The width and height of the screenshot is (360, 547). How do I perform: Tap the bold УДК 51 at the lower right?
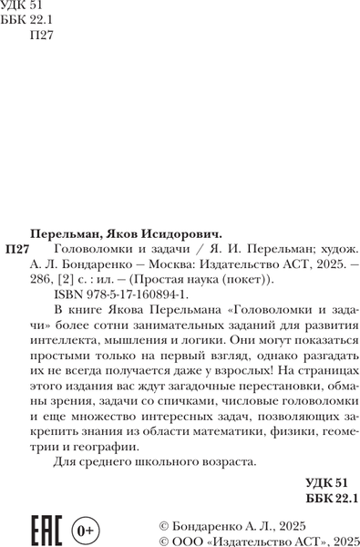[324, 482]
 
